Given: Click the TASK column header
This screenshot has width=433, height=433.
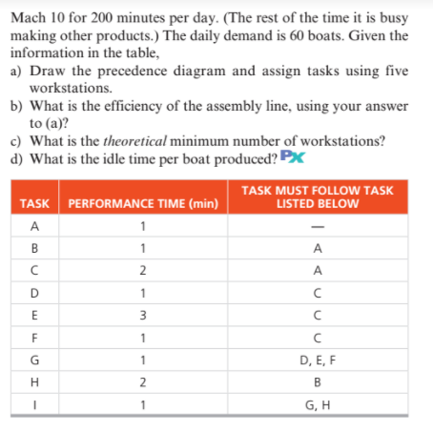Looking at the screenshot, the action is tap(34, 204).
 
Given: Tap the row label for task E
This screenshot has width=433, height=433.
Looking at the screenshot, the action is tap(34, 315).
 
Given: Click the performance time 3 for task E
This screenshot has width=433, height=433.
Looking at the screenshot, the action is tap(142, 315).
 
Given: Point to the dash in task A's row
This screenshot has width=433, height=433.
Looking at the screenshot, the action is tap(317, 227).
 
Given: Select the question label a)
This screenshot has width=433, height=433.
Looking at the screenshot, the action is tap(16, 72).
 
